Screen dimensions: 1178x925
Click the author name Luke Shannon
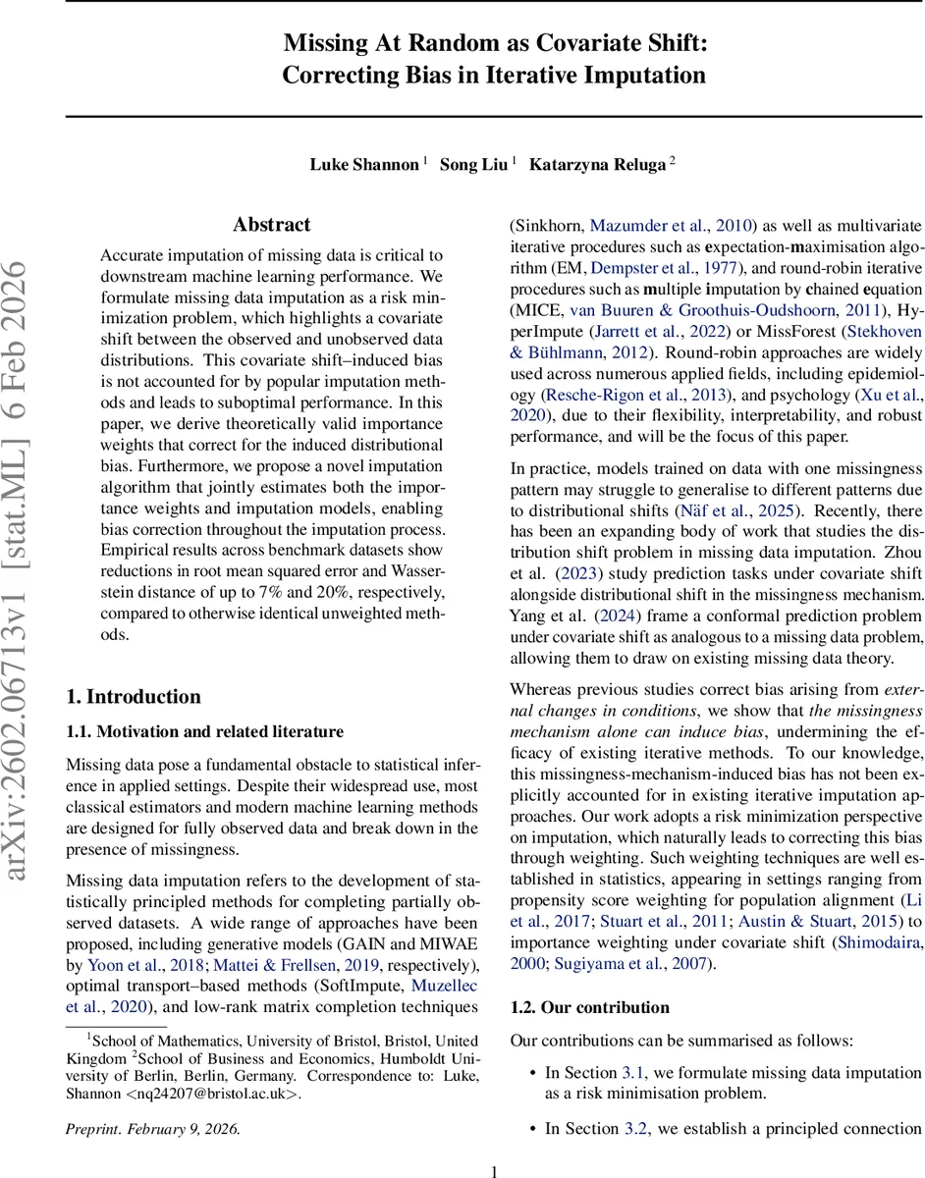[x=362, y=164]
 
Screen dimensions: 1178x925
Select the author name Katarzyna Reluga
[x=597, y=164]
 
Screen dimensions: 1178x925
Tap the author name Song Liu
[x=472, y=164]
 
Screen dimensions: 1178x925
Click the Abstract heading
[x=272, y=225]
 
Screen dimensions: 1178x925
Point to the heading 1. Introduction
[x=134, y=697]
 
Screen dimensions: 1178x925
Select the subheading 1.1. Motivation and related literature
[x=204, y=731]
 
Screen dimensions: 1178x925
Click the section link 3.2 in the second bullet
[x=635, y=1129]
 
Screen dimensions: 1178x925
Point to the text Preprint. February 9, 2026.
[x=153, y=1129]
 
